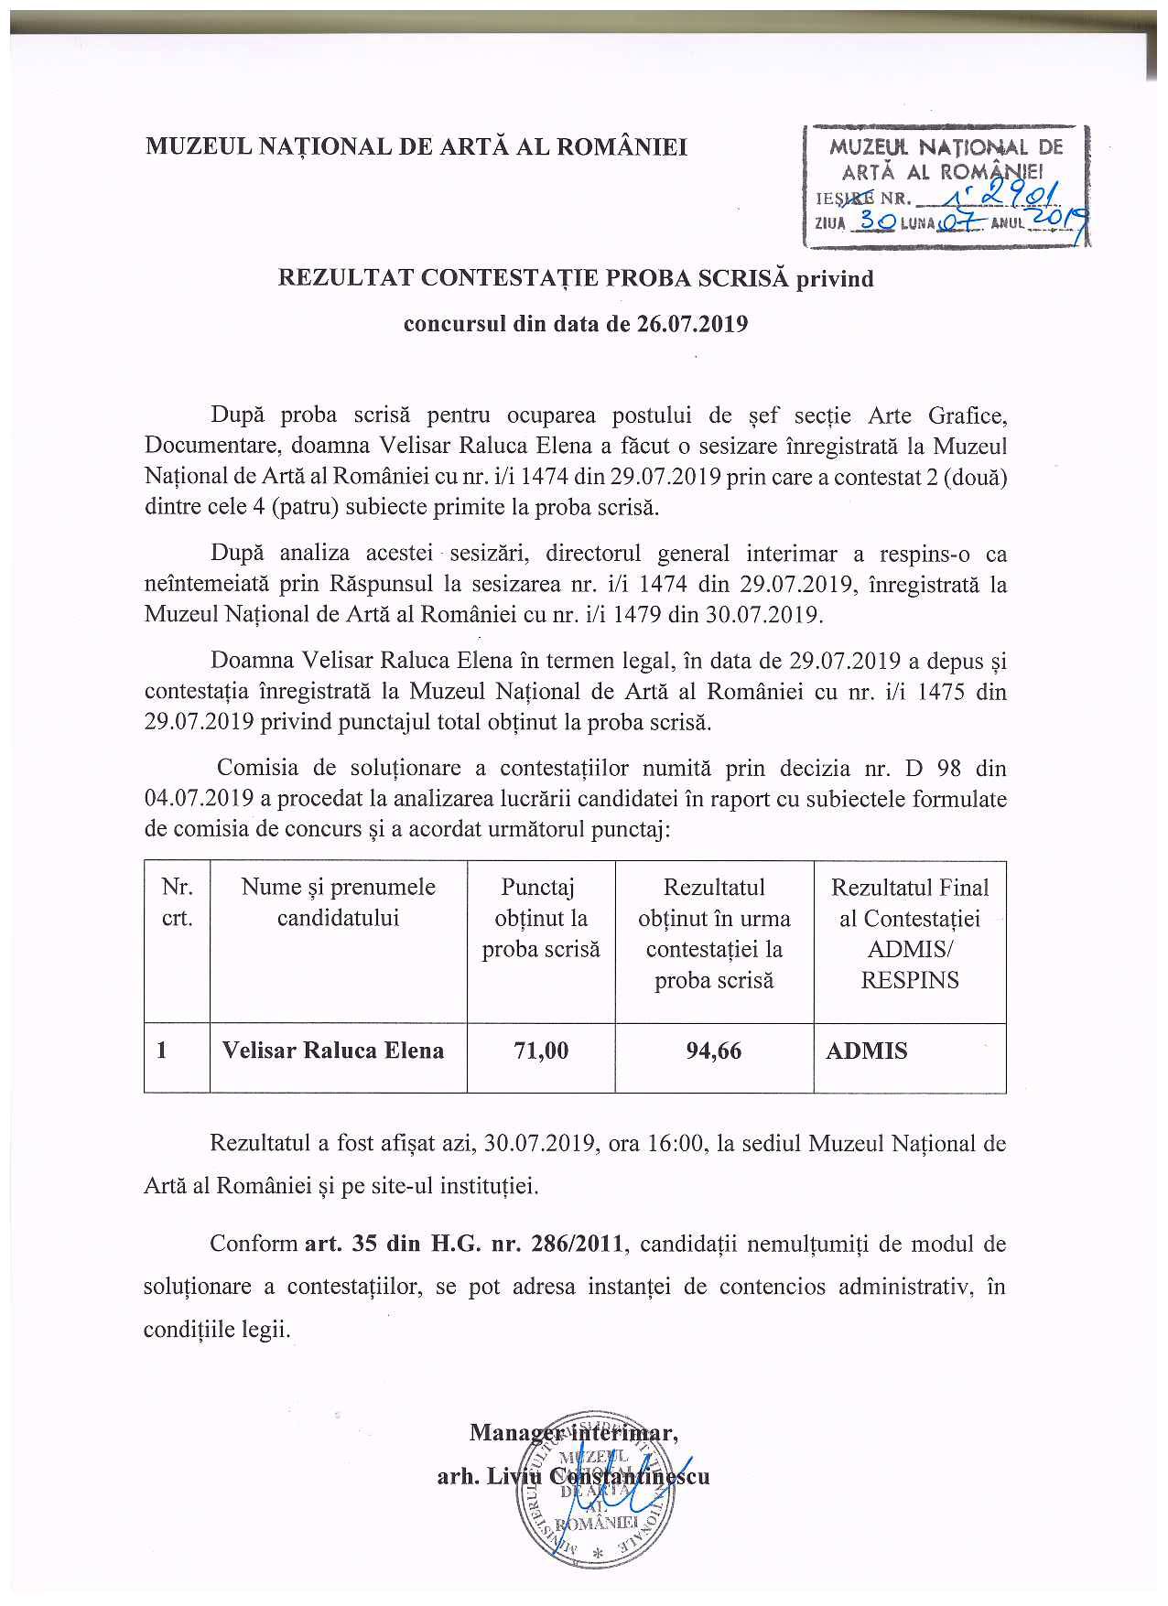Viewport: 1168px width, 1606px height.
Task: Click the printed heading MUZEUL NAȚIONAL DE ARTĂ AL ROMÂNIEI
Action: [416, 146]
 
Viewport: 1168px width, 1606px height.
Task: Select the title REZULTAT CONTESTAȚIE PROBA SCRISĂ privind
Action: [577, 278]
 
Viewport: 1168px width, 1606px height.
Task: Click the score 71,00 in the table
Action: [541, 1051]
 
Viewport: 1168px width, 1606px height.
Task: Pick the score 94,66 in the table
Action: [714, 1051]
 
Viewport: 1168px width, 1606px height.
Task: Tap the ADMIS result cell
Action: [867, 1051]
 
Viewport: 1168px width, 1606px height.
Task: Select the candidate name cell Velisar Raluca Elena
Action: [333, 1050]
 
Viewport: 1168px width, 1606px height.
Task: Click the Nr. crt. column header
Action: [177, 902]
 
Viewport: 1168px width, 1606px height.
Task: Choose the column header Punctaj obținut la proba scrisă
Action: [541, 918]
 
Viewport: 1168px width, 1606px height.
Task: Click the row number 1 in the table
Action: [162, 1051]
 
